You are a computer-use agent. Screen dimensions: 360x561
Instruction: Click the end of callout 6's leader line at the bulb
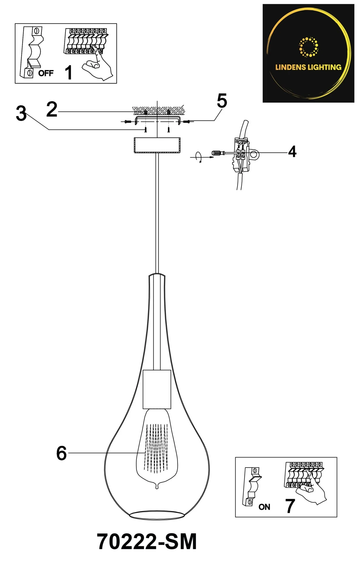pos(145,453)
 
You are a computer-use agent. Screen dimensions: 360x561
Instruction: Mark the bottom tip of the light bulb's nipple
pos(157,489)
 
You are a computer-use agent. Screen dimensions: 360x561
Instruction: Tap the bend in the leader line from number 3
pos(49,129)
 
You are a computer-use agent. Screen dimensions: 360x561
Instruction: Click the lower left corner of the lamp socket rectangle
pos(143,408)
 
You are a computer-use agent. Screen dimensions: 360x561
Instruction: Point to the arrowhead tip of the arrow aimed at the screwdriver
pos(213,157)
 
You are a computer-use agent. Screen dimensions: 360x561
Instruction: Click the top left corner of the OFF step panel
pos(15,24)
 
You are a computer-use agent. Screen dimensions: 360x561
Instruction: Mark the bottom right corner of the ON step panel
pos(337,517)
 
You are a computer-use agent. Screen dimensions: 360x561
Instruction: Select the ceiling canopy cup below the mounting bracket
pos(157,145)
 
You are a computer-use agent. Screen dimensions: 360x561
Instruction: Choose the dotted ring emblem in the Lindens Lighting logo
pos(309,47)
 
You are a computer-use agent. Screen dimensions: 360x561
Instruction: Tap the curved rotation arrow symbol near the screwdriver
pos(199,157)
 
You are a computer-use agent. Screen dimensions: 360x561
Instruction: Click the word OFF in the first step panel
pos(46,73)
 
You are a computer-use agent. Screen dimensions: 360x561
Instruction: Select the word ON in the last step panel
pos(264,507)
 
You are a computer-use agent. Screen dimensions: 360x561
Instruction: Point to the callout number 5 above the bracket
pos(222,101)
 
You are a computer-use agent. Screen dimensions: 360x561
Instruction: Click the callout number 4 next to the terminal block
pos(292,152)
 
